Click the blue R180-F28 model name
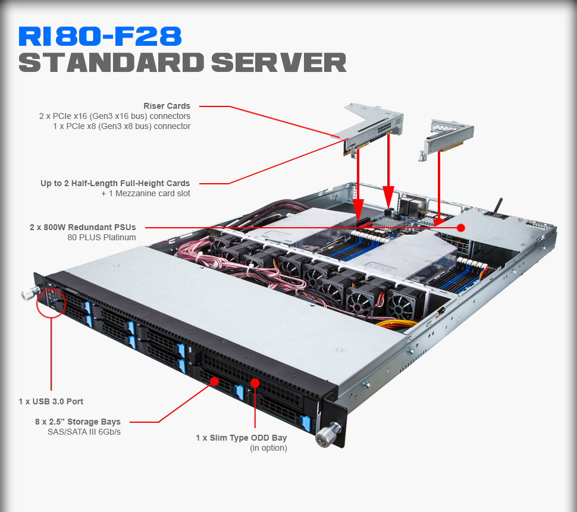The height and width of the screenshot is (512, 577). point(100,36)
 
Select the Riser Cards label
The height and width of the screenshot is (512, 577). point(167,106)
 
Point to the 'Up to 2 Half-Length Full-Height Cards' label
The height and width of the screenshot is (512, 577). point(115,183)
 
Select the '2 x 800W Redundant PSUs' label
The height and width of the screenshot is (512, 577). point(83,227)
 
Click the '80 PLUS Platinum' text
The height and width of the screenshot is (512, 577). point(102,237)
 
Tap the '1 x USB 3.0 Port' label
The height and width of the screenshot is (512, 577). point(51,401)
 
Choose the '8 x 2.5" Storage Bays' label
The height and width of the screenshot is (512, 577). point(78,422)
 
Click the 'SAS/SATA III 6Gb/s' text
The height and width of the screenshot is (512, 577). point(84,432)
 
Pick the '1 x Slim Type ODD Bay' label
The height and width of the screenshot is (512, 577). point(241,438)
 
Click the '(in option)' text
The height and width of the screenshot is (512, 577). point(268,448)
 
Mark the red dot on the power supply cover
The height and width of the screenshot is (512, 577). point(460,227)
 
